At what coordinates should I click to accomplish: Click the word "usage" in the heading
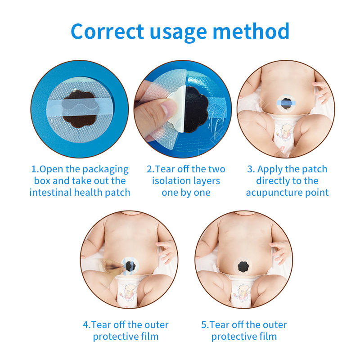(178, 34)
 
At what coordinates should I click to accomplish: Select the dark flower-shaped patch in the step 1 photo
(79, 109)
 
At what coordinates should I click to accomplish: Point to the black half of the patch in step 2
(196, 109)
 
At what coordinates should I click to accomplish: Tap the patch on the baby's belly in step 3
(286, 103)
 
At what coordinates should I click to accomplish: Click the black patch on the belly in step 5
(243, 266)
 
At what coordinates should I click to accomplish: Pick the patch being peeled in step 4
(130, 265)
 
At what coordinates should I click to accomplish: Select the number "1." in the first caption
(36, 169)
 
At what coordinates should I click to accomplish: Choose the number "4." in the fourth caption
(87, 325)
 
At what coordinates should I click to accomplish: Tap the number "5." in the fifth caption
(205, 325)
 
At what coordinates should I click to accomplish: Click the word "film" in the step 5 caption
(268, 337)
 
